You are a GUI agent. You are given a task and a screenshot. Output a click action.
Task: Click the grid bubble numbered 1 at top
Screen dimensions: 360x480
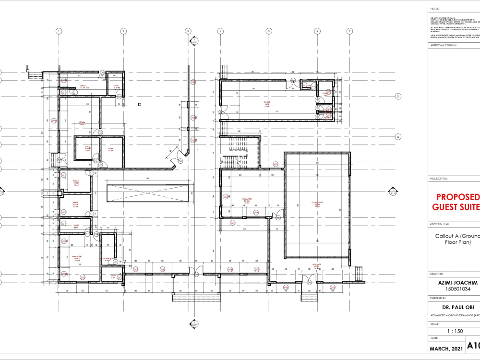click(59, 31)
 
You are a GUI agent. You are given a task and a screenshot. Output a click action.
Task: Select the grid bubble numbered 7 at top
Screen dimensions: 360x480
click(349, 31)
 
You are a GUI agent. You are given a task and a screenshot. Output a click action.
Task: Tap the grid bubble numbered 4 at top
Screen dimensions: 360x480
click(220, 31)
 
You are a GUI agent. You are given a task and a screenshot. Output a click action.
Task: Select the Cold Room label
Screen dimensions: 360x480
click(88, 148)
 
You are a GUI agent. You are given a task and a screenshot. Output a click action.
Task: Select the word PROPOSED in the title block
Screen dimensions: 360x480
click(458, 197)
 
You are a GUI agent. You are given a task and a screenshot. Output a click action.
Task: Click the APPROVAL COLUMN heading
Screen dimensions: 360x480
click(444, 45)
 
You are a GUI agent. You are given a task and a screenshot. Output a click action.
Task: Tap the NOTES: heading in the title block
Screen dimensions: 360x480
click(435, 9)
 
